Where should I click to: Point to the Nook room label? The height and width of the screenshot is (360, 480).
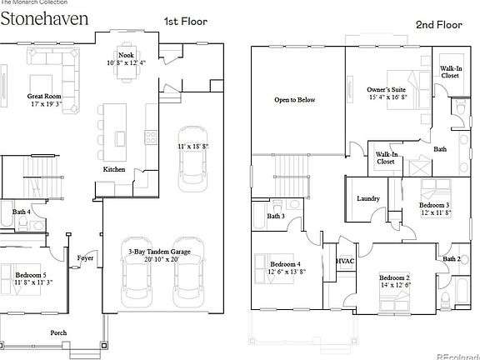point(126,54)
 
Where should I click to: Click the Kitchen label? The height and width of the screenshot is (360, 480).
point(114,169)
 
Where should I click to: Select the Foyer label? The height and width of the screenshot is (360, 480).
point(86,257)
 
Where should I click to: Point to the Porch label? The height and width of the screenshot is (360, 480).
point(58,332)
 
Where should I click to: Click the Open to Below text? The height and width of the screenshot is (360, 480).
point(295,100)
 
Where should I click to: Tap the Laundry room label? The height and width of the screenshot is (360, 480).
point(368,198)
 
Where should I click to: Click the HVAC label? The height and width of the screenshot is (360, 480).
point(345,261)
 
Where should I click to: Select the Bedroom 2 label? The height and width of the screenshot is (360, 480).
point(395,277)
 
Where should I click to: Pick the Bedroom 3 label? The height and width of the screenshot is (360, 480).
point(434,205)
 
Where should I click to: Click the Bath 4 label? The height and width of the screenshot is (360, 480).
point(22,212)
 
